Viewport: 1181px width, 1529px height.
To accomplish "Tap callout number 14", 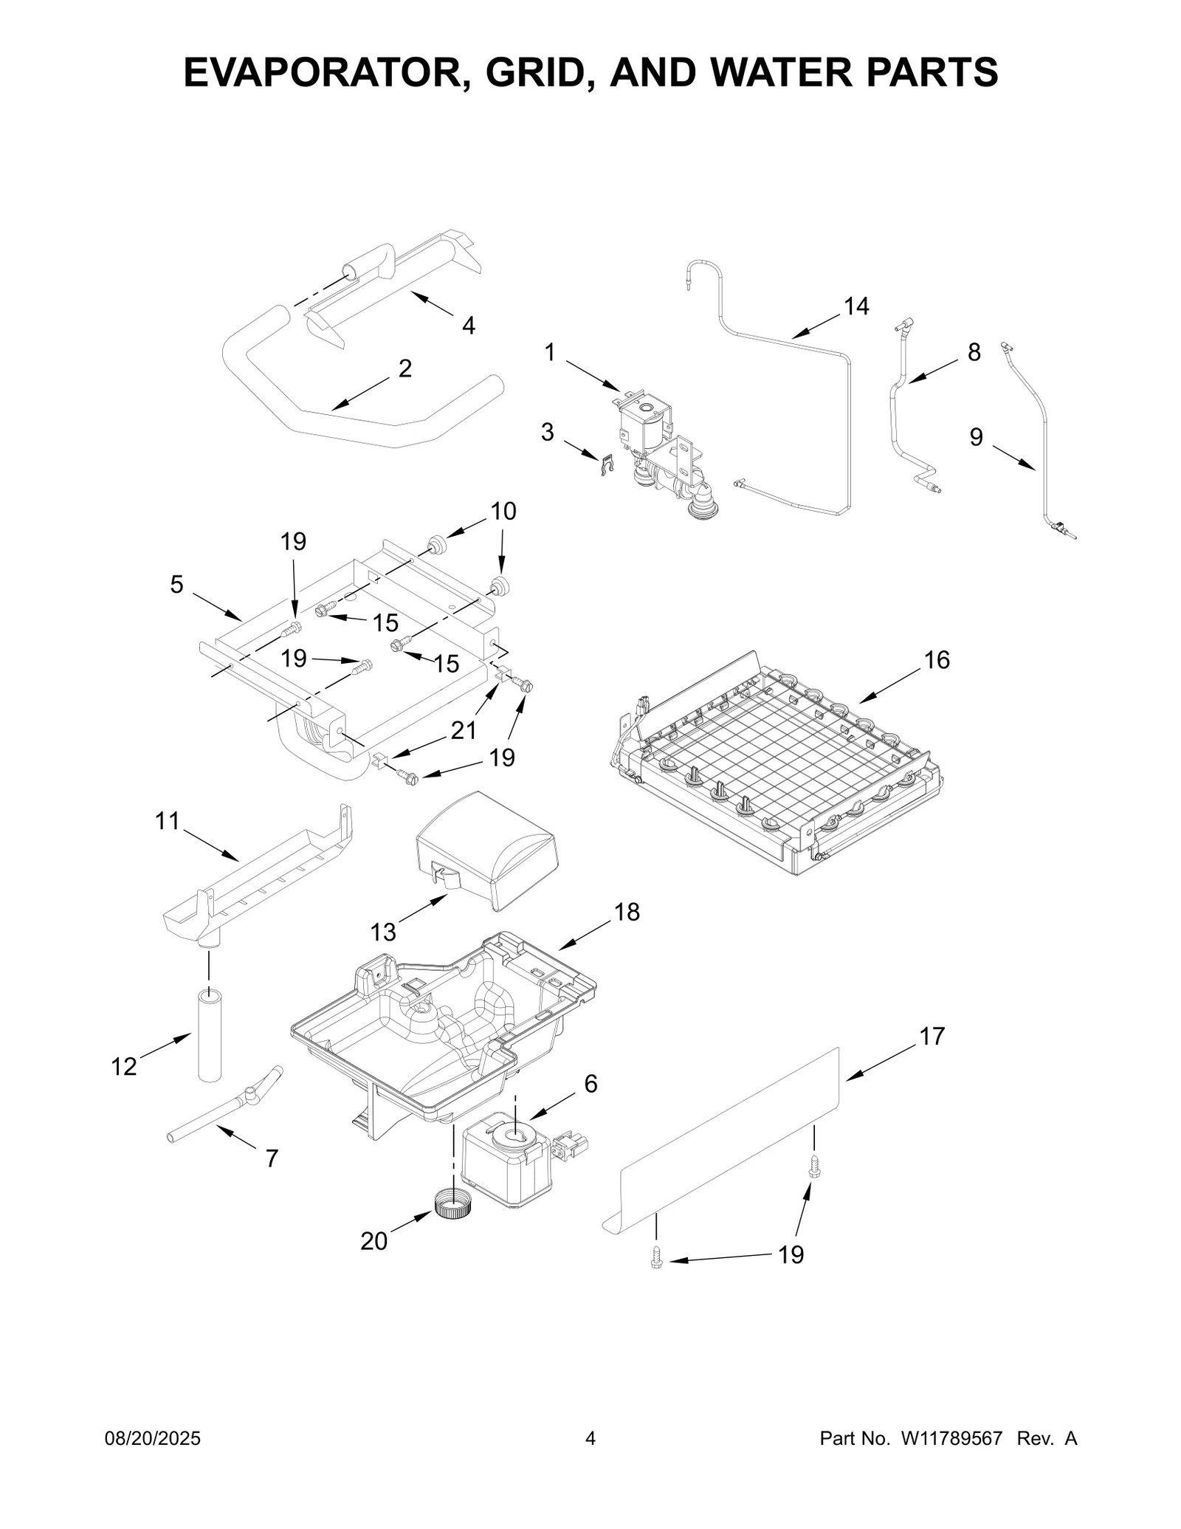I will click(856, 306).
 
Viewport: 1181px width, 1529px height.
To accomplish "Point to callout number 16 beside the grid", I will click(937, 660).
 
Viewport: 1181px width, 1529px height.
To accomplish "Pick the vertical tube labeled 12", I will click(210, 1037).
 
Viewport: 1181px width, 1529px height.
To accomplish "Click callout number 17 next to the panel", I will click(932, 1037).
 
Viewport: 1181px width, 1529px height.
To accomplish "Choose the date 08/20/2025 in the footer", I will click(154, 1438).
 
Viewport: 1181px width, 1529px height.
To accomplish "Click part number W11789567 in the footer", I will click(951, 1438).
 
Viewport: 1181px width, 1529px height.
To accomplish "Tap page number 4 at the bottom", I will click(590, 1438).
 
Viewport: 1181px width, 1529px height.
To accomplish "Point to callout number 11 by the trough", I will click(168, 820).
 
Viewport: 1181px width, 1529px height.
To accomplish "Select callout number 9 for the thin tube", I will click(976, 438).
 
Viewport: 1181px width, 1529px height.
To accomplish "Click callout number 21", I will click(464, 730).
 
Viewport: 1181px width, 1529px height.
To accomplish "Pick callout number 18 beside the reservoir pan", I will click(627, 913).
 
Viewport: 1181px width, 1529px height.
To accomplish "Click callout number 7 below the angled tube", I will click(272, 1158).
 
